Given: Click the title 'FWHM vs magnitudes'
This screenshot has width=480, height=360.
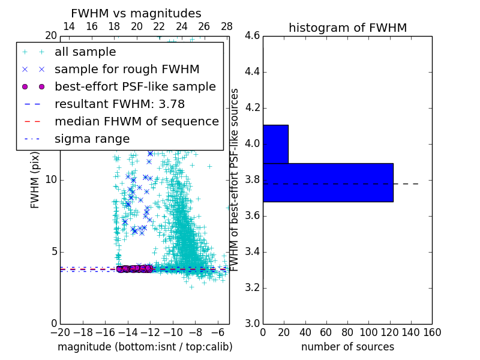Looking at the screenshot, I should click(x=136, y=14).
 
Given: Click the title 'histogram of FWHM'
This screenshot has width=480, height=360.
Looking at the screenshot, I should click(x=347, y=28).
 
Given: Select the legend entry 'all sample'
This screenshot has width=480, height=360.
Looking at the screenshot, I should click(x=85, y=52).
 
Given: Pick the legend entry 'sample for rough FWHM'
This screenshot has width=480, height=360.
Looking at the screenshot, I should click(x=127, y=69).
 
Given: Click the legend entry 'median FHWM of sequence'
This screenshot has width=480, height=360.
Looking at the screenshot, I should click(x=136, y=121).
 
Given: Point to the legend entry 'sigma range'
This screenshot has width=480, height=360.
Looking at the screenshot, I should click(x=92, y=139).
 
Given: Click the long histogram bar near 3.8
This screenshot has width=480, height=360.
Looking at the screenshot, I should click(x=328, y=182).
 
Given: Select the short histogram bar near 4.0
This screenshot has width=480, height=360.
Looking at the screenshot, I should click(x=275, y=144).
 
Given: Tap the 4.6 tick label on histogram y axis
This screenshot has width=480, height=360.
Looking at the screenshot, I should click(x=251, y=36).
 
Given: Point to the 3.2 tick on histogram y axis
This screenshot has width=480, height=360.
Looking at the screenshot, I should click(x=251, y=288).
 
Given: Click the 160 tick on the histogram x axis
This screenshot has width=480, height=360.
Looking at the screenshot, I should click(x=431, y=332).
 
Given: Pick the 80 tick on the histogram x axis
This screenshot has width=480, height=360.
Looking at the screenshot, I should click(x=347, y=332).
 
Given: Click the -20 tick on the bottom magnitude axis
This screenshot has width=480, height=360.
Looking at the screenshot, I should click(x=60, y=332).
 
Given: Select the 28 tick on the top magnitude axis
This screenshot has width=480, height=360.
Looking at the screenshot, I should click(x=227, y=26).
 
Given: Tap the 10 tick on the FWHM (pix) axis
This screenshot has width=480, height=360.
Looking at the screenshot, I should click(x=52, y=180).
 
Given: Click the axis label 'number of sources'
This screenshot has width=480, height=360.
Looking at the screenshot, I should click(x=347, y=347).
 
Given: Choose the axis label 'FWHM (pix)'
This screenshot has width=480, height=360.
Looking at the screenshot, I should click(x=35, y=180).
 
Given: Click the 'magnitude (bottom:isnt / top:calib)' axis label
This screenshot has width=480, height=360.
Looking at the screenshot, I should click(x=145, y=347).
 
